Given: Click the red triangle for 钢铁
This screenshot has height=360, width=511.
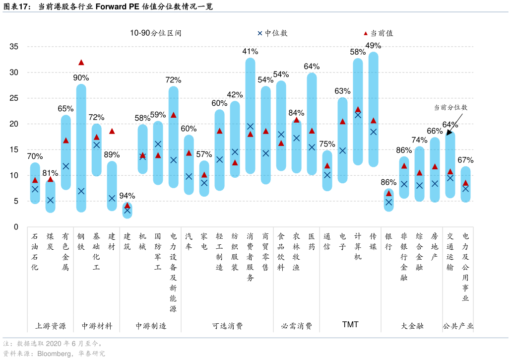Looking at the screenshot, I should point(81,63).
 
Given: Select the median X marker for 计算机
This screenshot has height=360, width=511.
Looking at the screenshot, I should point(358,115).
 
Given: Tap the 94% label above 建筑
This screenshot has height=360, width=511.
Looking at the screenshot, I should point(127,196).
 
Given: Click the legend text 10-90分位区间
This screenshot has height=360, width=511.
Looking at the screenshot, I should point(156,33).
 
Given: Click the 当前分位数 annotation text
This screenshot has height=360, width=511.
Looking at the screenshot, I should point(450,107).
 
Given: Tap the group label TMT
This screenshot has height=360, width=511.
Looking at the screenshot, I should point(350,325).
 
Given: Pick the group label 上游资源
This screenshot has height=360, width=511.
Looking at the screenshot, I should point(50,326).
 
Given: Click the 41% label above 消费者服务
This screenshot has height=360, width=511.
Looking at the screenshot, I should point(250,51).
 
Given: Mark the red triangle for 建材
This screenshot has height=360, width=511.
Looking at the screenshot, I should point(112,131).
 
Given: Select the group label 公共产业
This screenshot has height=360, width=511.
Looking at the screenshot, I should point(458,326).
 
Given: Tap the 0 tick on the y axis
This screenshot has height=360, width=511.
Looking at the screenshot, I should point(16,227).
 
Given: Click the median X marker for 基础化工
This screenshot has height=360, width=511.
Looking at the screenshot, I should point(97,145).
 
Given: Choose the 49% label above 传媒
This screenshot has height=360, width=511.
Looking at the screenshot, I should point(373,46).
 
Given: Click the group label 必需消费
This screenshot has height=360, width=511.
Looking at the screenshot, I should point(297,326).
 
